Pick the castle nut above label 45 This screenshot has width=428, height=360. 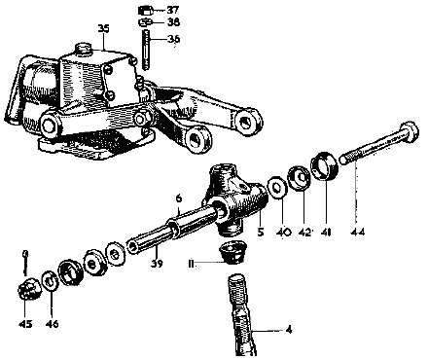[x=29, y=286]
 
